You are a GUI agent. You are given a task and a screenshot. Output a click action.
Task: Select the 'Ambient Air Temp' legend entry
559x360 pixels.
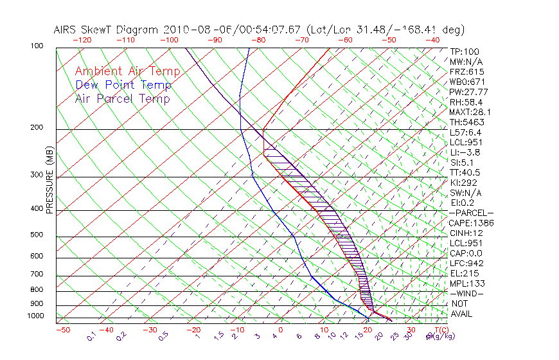click(127, 71)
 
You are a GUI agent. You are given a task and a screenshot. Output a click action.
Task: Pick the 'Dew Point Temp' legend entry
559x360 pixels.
click(123, 85)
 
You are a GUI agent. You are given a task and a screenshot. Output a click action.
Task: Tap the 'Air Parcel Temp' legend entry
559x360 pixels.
click(123, 99)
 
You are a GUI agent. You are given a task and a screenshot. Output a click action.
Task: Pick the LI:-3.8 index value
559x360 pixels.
click(465, 152)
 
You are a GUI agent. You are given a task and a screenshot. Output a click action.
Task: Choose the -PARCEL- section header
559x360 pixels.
click(471, 213)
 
